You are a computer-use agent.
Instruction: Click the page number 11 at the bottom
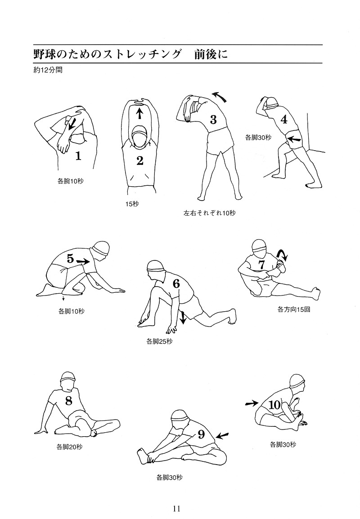(x=176, y=508)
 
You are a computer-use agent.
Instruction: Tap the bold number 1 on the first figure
(x=78, y=155)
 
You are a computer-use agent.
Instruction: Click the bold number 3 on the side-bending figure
(x=213, y=120)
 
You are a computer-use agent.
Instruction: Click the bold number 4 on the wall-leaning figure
(x=284, y=119)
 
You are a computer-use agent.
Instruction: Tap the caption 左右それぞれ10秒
(x=209, y=213)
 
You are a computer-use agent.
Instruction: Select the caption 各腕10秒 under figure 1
(x=71, y=181)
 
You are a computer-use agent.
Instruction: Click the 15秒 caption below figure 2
(x=132, y=204)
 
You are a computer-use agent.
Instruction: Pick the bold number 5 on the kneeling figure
(x=70, y=258)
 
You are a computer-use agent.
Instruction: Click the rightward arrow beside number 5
(x=83, y=261)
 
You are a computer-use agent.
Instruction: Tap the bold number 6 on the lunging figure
(x=176, y=283)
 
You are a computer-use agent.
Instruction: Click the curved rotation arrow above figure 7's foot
(x=283, y=255)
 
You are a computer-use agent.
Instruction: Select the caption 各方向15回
(x=293, y=310)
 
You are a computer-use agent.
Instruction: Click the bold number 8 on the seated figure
(x=68, y=401)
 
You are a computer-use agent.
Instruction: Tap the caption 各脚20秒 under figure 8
(x=69, y=447)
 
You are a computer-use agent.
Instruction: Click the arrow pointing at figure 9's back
(x=222, y=435)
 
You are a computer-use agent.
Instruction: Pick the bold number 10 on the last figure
(x=274, y=404)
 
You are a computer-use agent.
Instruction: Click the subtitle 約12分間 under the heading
(x=48, y=70)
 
